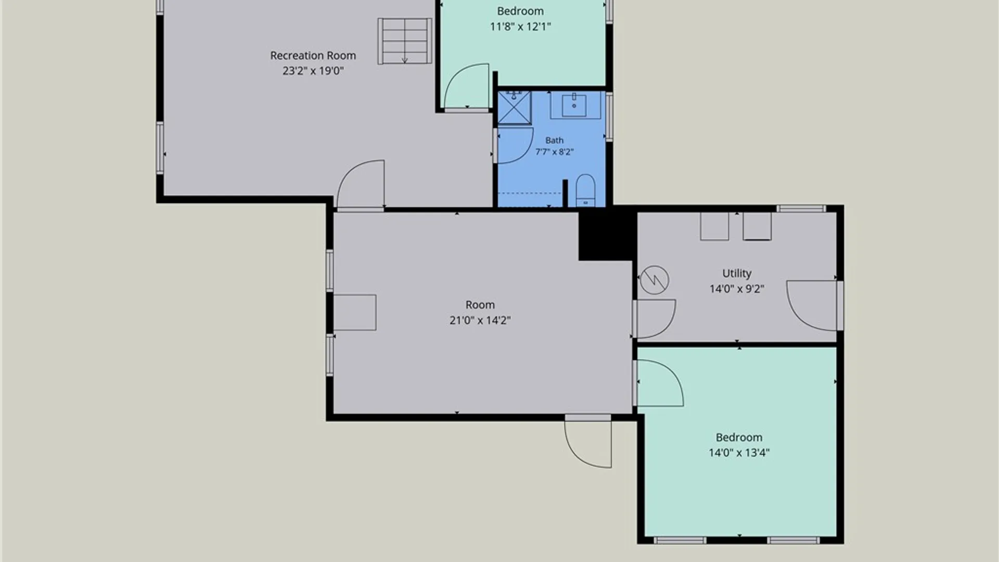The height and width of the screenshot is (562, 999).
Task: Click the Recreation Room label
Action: pos(313,56)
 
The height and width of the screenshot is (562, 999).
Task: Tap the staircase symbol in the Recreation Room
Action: pos(405,41)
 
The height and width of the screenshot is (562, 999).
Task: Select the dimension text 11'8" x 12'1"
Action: pos(520,27)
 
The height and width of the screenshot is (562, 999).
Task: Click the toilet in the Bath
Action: pos(586,190)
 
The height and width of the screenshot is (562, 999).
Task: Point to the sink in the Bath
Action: pos(574,106)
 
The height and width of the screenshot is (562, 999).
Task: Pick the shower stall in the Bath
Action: pos(515,108)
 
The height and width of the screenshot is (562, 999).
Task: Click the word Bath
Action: pos(554,140)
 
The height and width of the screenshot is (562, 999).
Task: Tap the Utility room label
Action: pos(737,273)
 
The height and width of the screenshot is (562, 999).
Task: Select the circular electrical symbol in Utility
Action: pos(654,280)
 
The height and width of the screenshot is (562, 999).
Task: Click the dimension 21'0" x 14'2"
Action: pos(480,321)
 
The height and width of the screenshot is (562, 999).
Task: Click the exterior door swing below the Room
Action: pos(588,444)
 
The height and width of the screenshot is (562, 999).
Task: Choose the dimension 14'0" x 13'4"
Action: pos(739,453)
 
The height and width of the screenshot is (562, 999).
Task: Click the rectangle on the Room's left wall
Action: pos(355,312)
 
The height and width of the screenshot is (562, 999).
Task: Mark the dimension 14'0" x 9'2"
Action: pos(737,289)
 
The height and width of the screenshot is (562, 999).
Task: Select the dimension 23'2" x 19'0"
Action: pos(313,71)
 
